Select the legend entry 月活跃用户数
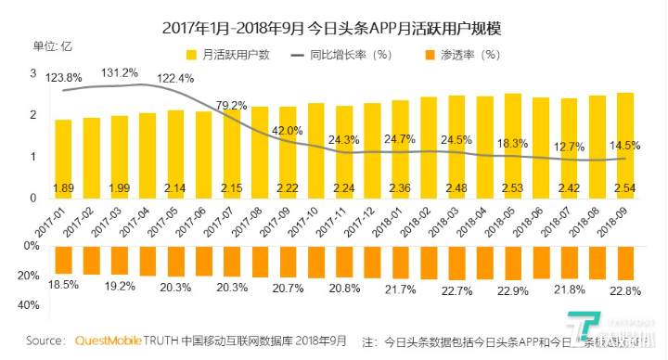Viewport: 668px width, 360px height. coord(226,55)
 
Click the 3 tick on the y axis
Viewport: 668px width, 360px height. coord(33,73)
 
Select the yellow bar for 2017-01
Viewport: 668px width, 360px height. coord(63,159)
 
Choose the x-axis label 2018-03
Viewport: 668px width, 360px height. coord(442,222)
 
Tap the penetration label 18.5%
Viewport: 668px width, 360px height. coord(63,281)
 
